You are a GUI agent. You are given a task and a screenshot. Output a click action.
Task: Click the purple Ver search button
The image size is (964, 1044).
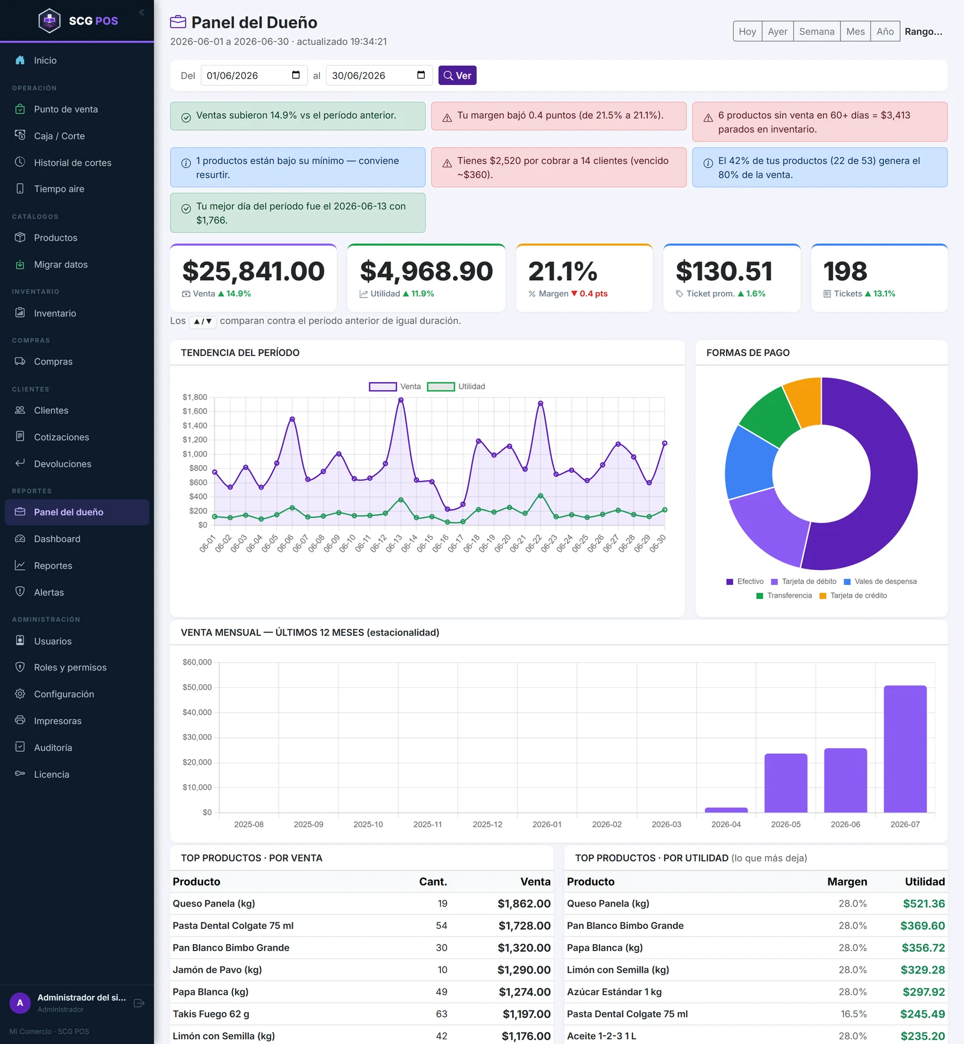457,75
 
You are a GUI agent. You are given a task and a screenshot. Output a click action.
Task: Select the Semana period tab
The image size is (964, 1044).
816,31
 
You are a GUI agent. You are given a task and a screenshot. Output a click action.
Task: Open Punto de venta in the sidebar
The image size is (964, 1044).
66,109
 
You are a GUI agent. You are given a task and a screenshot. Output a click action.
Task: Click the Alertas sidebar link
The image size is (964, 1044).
49,592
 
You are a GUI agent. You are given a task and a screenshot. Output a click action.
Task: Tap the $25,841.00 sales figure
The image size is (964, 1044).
253,271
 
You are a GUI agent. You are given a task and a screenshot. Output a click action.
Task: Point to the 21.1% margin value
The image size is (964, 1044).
563,271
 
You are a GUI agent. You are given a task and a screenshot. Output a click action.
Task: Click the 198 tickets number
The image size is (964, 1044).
845,271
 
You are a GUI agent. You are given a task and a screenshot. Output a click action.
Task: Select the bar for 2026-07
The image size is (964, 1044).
905,749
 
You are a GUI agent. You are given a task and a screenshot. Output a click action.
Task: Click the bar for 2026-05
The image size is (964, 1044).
786,783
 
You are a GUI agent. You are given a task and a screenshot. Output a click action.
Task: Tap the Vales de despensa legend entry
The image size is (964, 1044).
880,581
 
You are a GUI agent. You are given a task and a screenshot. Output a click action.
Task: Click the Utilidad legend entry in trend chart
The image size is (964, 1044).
456,387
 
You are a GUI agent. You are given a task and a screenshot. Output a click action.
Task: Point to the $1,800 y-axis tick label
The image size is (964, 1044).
195,397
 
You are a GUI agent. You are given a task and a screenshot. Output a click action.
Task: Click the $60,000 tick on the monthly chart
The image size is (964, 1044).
197,662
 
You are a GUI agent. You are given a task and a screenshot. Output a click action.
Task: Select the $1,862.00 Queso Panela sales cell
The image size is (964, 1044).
524,904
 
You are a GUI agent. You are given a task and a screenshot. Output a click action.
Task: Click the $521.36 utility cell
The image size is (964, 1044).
924,904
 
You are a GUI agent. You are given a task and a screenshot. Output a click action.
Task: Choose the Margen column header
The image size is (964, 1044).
847,882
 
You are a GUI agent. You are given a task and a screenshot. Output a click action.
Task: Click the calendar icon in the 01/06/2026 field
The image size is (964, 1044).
296,75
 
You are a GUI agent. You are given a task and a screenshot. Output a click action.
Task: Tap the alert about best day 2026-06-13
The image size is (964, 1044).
298,213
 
